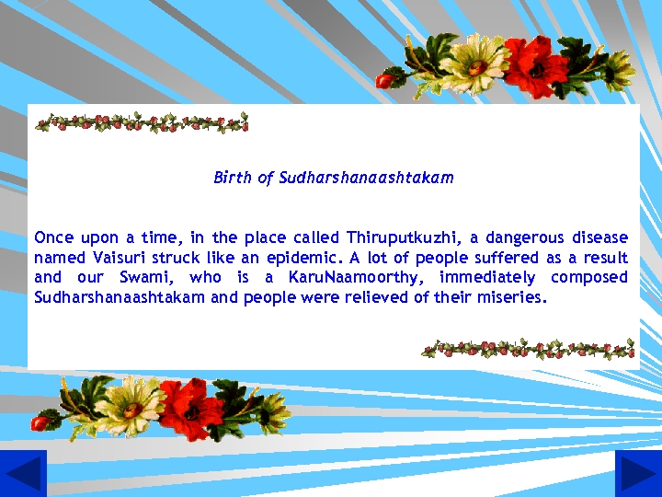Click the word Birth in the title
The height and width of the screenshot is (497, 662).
[x=232, y=178]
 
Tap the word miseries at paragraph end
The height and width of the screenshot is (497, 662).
[x=514, y=298]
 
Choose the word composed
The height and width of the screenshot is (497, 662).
[x=589, y=278]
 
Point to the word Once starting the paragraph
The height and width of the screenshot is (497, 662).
[x=53, y=237]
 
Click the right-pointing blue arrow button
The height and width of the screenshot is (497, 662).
[x=638, y=474]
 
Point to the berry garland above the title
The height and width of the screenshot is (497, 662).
[x=143, y=122]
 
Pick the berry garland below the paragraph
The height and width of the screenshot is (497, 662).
[x=528, y=349]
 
